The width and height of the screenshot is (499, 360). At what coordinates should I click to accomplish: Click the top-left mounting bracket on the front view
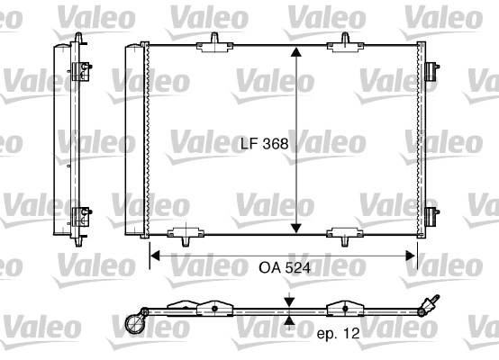coord(217,41)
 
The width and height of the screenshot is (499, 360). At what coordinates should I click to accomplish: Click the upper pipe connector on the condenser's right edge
coord(431,67)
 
